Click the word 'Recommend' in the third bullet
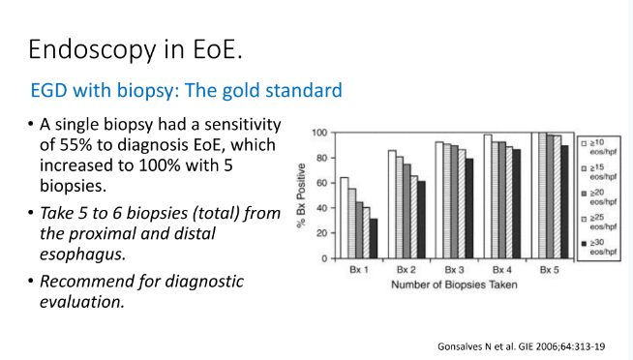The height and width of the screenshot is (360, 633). pos(89,282)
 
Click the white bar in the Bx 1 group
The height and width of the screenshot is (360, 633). pos(344,218)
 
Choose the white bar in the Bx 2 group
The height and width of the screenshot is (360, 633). pos(392,204)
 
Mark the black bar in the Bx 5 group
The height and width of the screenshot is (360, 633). pos(564,202)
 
